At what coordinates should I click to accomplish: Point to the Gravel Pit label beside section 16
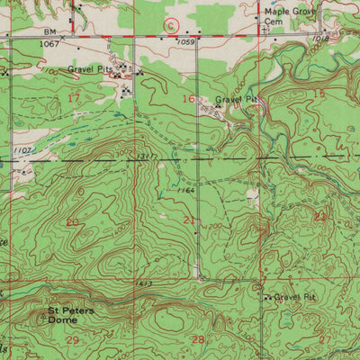(236, 101)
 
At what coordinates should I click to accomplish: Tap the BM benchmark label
(51, 31)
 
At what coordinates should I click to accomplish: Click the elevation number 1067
(51, 42)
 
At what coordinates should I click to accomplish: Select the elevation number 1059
(186, 41)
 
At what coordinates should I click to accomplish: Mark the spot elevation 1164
(186, 190)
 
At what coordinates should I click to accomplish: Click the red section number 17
(74, 96)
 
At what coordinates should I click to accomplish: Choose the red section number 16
(188, 97)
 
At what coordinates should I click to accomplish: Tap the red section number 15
(319, 94)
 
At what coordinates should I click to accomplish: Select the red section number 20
(73, 221)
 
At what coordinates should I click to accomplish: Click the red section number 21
(189, 220)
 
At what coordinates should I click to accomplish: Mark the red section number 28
(198, 338)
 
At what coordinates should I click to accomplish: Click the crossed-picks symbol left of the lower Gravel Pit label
(267, 296)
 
